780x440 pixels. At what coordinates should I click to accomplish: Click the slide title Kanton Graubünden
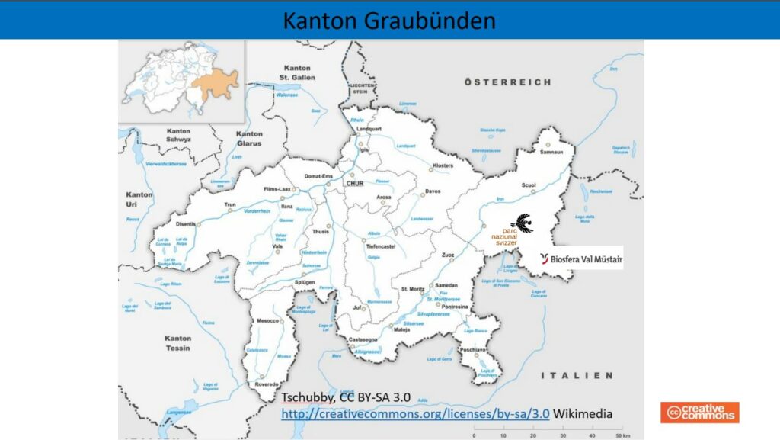point(389,20)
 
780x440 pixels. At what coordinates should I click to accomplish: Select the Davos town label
point(433,191)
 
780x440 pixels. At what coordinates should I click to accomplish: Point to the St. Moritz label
point(413,289)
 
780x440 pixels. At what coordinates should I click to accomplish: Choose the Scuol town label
point(529,185)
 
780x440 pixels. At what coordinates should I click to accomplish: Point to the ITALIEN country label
point(577,376)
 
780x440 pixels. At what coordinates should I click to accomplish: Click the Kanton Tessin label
point(178,343)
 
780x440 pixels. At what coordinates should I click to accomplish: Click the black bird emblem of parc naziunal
point(522,222)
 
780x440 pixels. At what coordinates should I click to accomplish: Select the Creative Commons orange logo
point(699,413)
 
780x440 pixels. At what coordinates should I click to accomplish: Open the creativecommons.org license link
point(415,413)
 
